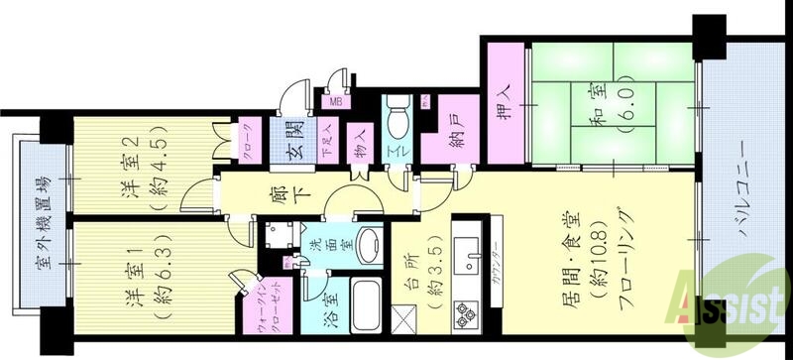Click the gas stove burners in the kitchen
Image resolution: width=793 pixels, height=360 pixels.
(466, 316)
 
